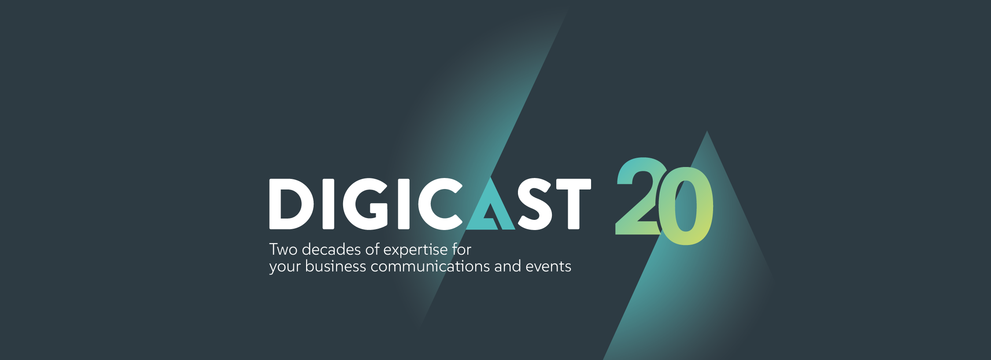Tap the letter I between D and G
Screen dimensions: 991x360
(x=329, y=204)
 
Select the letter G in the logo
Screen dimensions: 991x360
(x=366, y=204)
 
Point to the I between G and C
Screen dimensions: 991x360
(x=404, y=204)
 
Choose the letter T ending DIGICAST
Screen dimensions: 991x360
(x=573, y=204)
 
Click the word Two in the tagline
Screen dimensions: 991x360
(x=283, y=250)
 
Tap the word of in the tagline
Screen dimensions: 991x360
(x=373, y=249)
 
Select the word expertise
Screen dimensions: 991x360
(x=415, y=251)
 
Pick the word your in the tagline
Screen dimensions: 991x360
(x=285, y=267)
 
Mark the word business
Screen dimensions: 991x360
(x=336, y=266)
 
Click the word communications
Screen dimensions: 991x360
(x=430, y=267)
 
